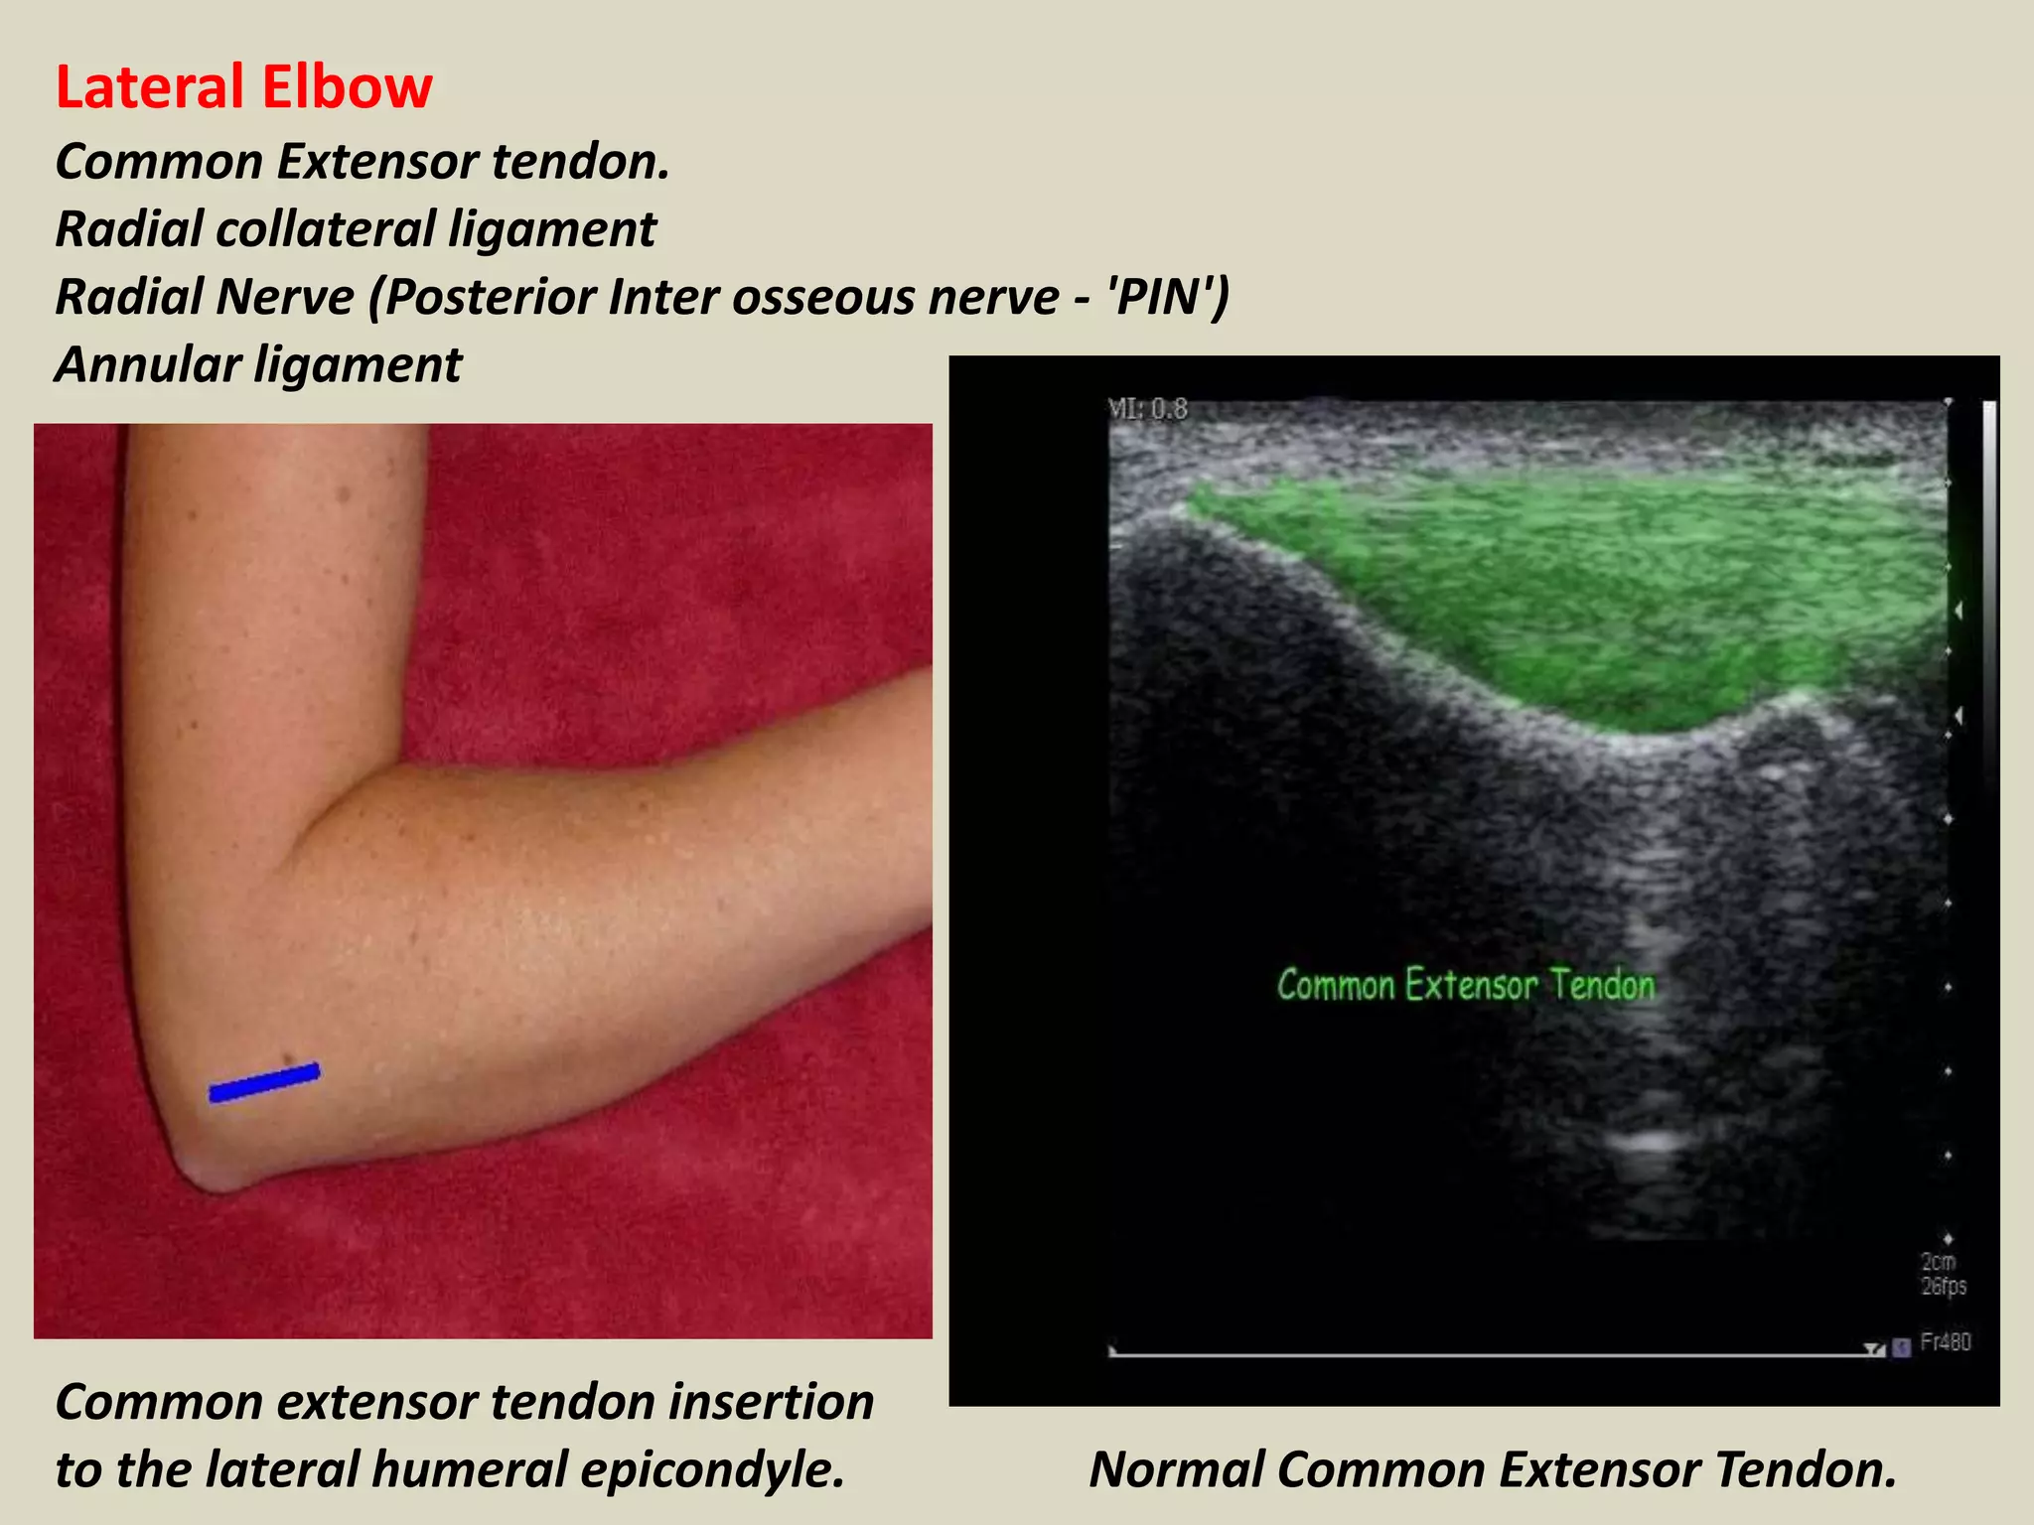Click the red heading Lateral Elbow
243,87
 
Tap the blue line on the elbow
264,1082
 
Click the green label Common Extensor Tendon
1466,985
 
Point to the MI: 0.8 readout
1147,409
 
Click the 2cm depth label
1938,1262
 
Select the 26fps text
1943,1287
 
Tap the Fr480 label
1945,1342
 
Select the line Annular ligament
258,364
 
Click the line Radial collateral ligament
356,229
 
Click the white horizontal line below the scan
1490,1354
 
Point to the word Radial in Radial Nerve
129,297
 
